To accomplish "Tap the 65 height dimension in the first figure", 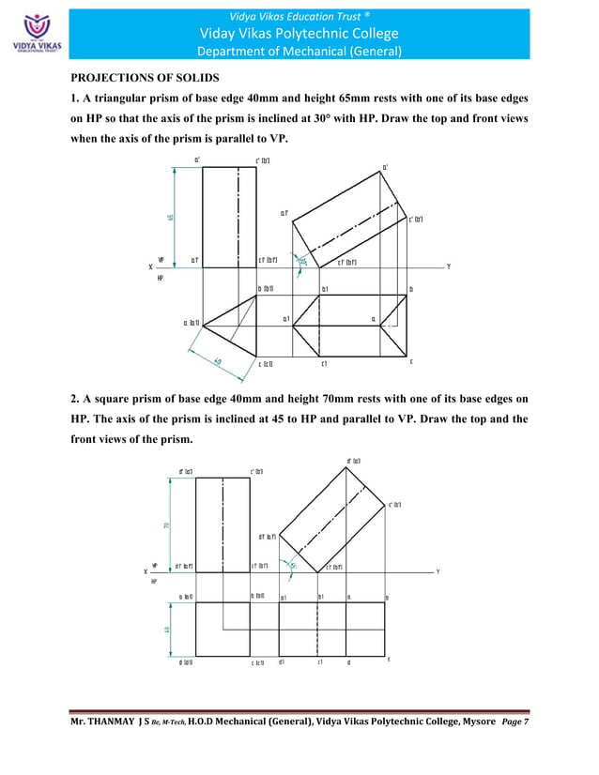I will pos(170,217).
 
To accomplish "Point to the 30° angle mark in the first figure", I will pos(302,261).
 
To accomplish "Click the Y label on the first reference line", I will pos(449,266).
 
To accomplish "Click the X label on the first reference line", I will pos(150,266).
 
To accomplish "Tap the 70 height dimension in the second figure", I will pos(167,524).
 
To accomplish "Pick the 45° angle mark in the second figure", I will pos(293,565).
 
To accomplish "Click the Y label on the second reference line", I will pos(439,571).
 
